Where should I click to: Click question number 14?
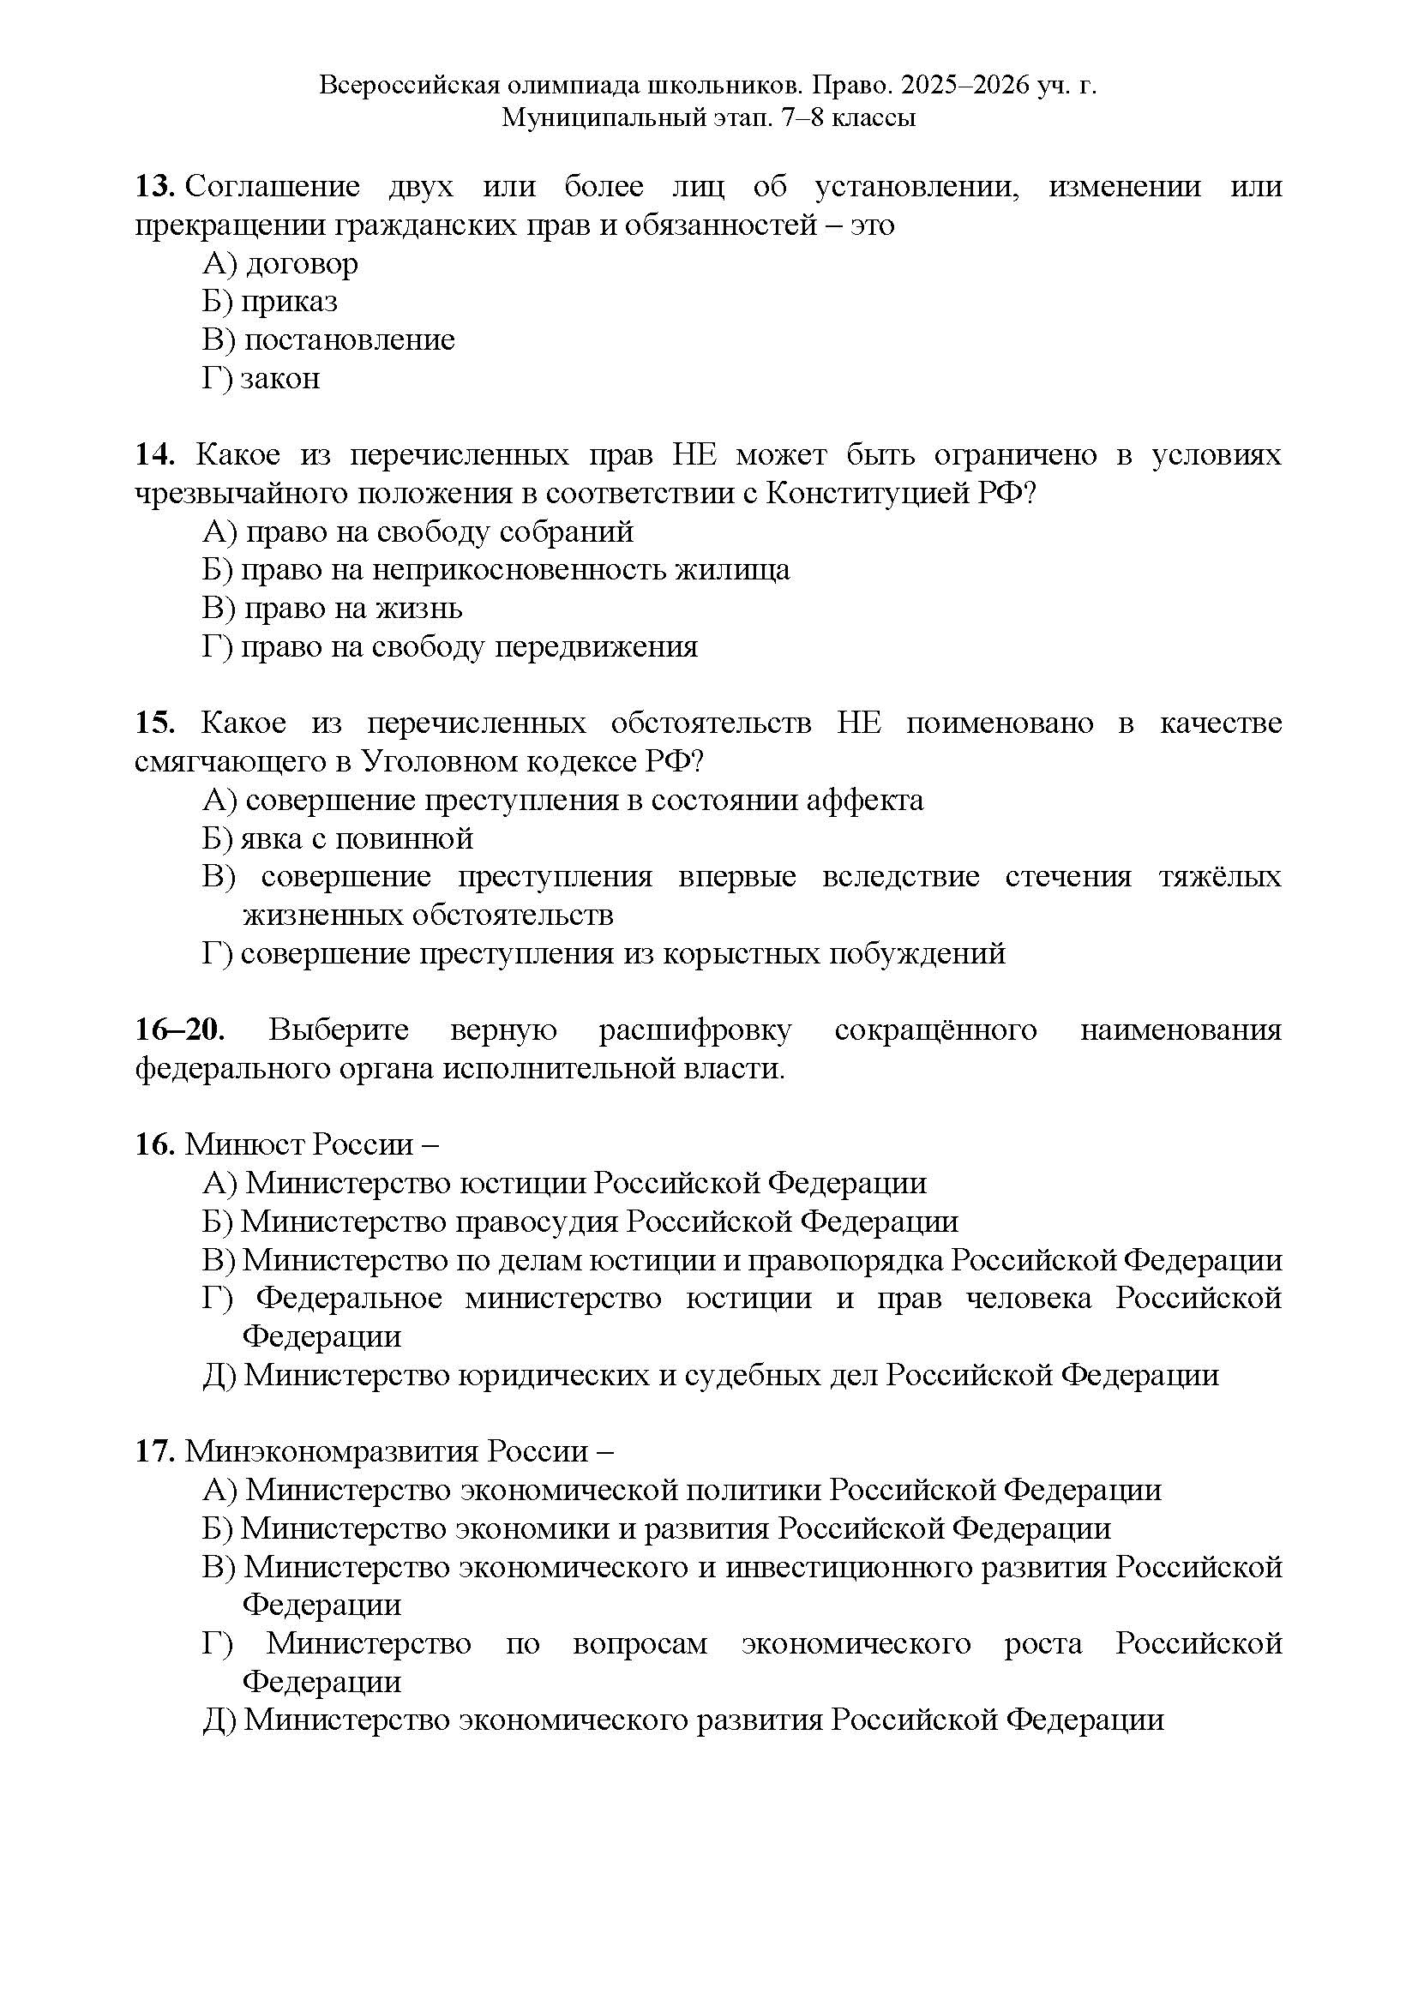pos(154,455)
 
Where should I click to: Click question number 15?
pos(154,724)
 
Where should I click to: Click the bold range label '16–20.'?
pos(179,1030)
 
